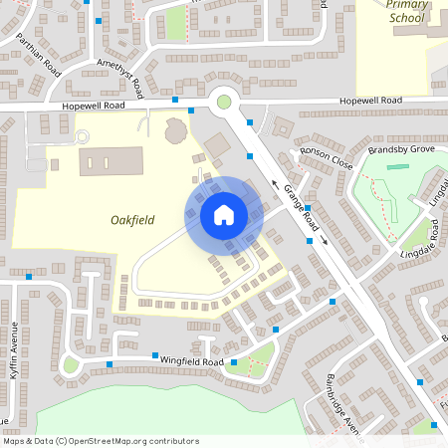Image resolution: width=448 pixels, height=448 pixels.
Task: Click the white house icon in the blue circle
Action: [224, 214]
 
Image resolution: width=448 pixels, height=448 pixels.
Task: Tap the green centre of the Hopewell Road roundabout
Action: [224, 100]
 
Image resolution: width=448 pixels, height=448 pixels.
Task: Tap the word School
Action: [406, 18]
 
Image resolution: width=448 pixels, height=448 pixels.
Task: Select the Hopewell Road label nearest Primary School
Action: [369, 101]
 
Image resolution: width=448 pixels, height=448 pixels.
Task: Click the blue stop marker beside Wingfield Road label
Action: [155, 355]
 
